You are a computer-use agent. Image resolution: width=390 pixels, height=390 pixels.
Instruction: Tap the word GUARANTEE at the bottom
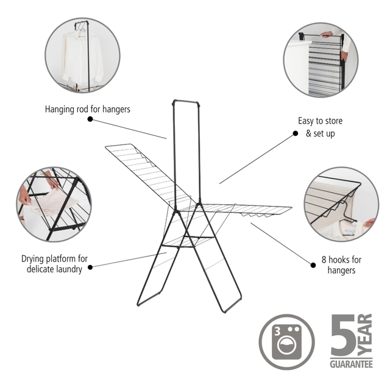click(351, 364)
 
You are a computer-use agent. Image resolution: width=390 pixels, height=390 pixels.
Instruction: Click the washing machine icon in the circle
click(286, 342)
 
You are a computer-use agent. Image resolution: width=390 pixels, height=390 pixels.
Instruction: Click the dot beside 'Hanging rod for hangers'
click(90, 119)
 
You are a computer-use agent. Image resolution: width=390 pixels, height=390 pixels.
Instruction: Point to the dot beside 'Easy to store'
click(295, 133)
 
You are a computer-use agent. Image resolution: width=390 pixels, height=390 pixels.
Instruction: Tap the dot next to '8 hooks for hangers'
click(313, 265)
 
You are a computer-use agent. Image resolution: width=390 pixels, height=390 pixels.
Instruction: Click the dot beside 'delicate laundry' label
click(90, 267)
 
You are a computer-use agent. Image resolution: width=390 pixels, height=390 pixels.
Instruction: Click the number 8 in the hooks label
click(324, 260)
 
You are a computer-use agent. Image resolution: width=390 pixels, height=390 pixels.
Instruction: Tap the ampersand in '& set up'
click(308, 133)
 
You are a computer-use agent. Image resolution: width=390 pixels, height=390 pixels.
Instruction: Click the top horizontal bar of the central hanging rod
click(186, 102)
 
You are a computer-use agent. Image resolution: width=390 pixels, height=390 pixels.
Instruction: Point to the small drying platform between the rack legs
click(188, 241)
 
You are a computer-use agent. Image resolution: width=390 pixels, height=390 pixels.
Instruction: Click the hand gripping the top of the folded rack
click(326, 34)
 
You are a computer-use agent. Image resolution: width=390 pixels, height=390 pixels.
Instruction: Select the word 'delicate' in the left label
click(40, 269)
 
